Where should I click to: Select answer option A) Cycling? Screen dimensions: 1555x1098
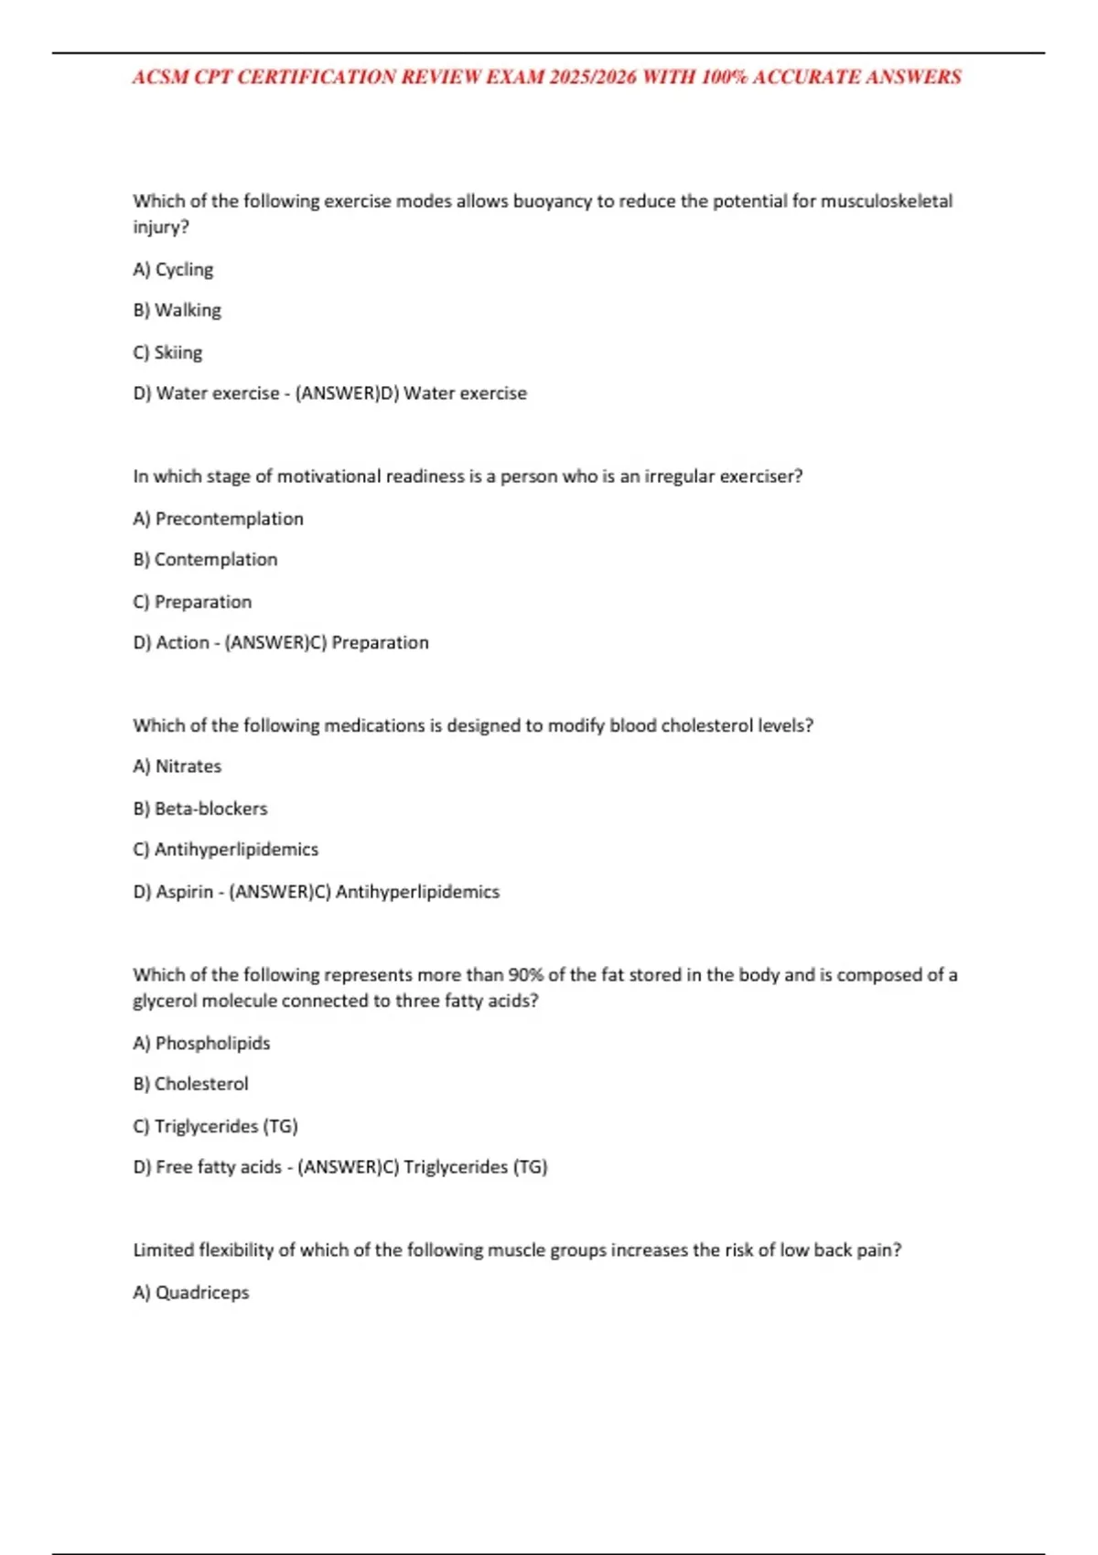[173, 269]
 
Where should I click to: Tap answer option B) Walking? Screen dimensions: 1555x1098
[177, 310]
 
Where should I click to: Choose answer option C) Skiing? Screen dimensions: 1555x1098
[167, 352]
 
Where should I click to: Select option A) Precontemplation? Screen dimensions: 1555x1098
[218, 519]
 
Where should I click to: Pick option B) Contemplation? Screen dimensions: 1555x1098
[205, 559]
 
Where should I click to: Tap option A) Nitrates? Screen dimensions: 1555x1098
[177, 766]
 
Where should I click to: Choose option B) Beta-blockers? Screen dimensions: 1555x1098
[199, 808]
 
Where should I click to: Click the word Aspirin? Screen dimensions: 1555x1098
[185, 891]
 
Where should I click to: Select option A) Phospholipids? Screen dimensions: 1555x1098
[201, 1043]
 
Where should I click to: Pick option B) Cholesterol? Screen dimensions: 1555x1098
[190, 1083]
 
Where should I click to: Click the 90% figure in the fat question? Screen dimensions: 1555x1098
[525, 975]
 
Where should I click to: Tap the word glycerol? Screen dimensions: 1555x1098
[165, 1001]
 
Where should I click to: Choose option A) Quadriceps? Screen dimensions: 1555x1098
[190, 1292]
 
